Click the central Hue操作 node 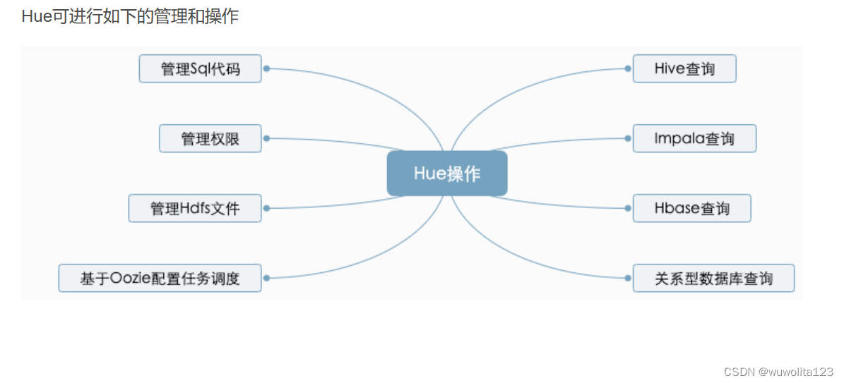tap(447, 174)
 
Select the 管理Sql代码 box tap(201, 68)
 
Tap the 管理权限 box tap(210, 138)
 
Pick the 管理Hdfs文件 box tap(195, 208)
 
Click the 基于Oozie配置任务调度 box tap(160, 278)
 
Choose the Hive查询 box tap(684, 68)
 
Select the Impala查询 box tap(694, 138)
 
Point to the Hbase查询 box tap(691, 208)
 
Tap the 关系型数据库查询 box tap(714, 278)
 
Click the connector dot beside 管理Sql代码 tap(266, 68)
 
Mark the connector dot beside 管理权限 tap(266, 138)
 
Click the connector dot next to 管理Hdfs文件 tap(266, 208)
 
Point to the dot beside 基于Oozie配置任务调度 tap(266, 278)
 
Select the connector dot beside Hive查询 tap(628, 68)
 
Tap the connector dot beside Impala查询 tap(628, 138)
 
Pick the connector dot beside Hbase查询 tap(628, 208)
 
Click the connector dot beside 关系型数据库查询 tap(628, 278)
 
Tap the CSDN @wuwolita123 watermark tap(779, 372)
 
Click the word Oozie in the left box tap(128, 279)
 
